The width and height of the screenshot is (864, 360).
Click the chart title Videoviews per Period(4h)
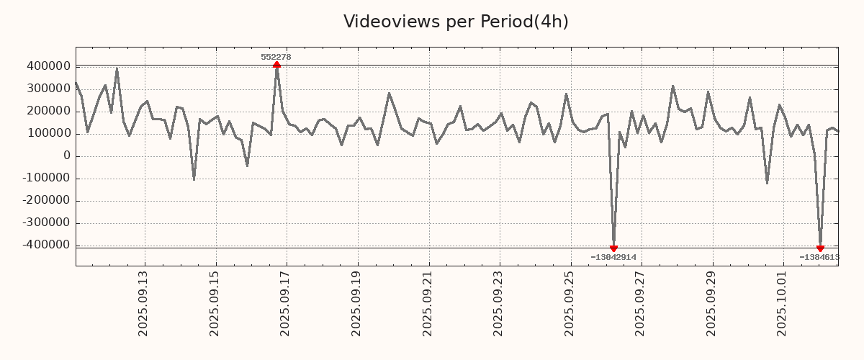(x=456, y=22)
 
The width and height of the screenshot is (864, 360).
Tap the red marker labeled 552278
(x=276, y=65)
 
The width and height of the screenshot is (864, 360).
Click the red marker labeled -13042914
(x=613, y=248)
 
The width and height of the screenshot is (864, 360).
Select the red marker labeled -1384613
(x=820, y=248)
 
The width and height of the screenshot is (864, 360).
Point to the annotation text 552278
(x=276, y=57)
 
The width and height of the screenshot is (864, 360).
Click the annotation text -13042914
(x=613, y=257)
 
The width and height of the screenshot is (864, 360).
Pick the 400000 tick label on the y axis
(x=47, y=66)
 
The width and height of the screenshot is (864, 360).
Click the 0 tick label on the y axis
(x=66, y=156)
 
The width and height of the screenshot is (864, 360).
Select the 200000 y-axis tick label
(x=47, y=111)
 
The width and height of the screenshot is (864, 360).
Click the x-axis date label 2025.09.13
(x=143, y=303)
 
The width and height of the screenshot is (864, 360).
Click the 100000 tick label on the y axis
(x=47, y=133)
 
